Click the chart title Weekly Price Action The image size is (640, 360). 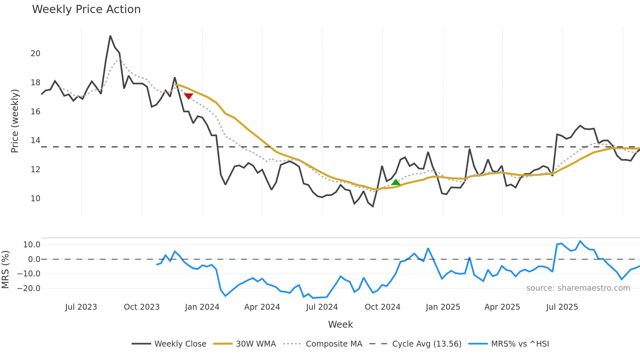(86, 9)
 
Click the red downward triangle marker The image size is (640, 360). (188, 96)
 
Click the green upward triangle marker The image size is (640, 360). (395, 182)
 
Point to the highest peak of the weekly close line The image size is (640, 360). (110, 36)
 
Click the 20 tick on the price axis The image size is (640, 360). (35, 54)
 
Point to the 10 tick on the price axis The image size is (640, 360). (35, 199)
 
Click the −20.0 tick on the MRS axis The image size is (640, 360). (29, 288)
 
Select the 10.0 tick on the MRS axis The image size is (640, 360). (31, 245)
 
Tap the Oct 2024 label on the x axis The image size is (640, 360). (382, 307)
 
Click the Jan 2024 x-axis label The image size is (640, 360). (202, 307)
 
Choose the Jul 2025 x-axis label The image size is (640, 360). (562, 307)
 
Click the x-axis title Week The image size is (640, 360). (340, 324)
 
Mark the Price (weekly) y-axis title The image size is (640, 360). (15, 121)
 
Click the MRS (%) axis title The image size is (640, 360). (5, 270)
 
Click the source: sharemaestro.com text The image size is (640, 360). (578, 288)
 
